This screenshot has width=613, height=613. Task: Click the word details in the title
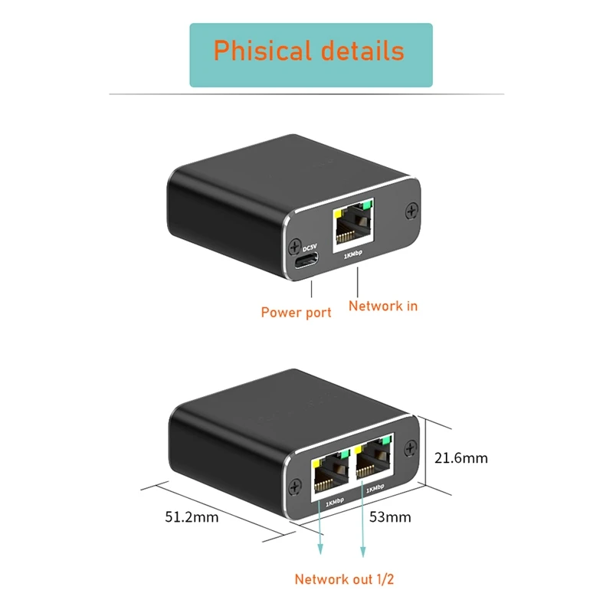(x=359, y=51)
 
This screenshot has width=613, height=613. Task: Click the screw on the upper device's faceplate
(x=412, y=209)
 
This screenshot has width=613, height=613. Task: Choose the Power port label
(x=296, y=312)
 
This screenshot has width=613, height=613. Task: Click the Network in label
(x=383, y=306)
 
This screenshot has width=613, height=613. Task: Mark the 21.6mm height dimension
(x=461, y=458)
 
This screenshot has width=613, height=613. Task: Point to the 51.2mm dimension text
(x=192, y=516)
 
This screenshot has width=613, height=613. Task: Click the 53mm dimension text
(x=389, y=516)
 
